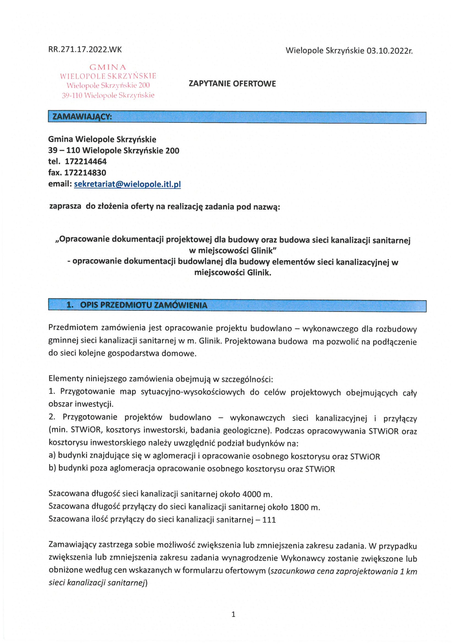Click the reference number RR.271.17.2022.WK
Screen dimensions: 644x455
coord(85,49)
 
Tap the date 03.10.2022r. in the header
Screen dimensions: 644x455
coord(389,51)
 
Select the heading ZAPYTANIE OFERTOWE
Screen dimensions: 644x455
coord(232,84)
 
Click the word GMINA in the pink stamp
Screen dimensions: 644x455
coord(108,67)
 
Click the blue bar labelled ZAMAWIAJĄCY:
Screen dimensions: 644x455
coord(237,117)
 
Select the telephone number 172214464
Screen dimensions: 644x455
coord(86,162)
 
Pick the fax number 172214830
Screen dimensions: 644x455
coord(85,173)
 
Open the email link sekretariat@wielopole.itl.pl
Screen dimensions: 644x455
coord(127,184)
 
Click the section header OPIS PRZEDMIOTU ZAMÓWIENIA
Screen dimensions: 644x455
coord(144,305)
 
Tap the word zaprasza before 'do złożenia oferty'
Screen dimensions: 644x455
coord(65,206)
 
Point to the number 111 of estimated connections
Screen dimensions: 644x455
coord(269,520)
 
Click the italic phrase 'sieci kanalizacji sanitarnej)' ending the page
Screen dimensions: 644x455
coord(98,583)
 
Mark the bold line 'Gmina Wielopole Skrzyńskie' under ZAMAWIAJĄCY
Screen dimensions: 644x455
coord(102,139)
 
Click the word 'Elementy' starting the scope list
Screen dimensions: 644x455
coord(65,379)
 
